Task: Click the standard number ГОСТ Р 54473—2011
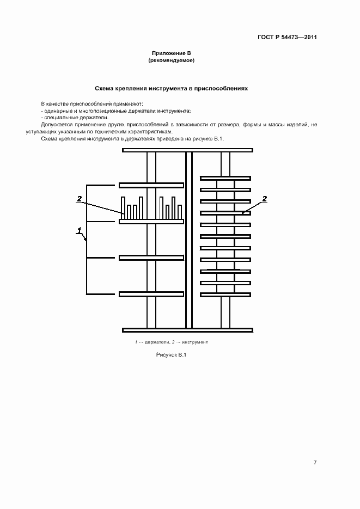point(287,38)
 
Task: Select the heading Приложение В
point(171,53)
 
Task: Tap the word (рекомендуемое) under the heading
point(171,60)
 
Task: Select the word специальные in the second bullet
point(60,118)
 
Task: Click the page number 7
point(315,462)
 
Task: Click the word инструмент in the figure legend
point(195,342)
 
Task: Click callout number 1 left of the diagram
point(80,231)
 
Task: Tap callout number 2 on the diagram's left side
point(80,199)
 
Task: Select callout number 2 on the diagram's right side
point(265,199)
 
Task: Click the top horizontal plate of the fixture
point(188,150)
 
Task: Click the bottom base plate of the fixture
point(188,329)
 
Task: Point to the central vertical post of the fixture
point(189,240)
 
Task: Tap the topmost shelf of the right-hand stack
point(225,178)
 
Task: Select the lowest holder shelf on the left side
point(151,295)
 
